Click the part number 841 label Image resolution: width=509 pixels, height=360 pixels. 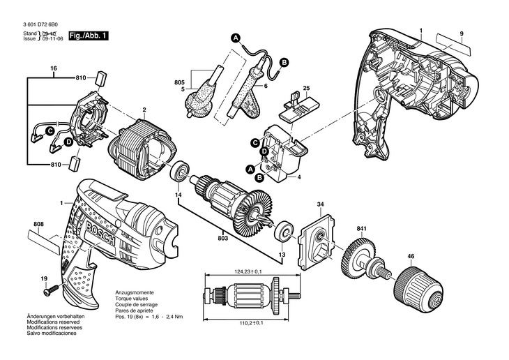[361, 229]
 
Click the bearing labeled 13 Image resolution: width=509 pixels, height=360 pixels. [284, 232]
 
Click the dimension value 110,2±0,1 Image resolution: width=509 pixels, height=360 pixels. [242, 323]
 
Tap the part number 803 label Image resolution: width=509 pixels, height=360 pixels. [222, 239]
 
